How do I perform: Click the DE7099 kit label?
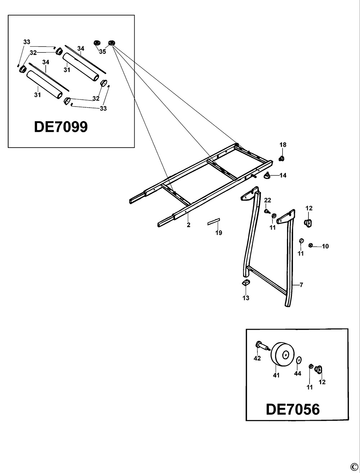coord(60,127)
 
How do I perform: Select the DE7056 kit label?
coord(292,409)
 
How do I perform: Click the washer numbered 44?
coord(298,360)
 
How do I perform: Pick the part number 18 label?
coord(283,145)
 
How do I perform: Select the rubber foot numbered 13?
coord(246,283)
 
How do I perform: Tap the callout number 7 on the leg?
coord(301,285)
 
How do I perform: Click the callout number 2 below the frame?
coord(188,225)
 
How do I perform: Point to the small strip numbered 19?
coord(213,221)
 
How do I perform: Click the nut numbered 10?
coord(311,246)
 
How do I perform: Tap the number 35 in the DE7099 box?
coord(103,51)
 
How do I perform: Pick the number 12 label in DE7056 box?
coord(322,382)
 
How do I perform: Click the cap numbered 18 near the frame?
coord(282,158)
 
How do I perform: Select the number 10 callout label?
coord(325,247)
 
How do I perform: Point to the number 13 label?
coord(246,298)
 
